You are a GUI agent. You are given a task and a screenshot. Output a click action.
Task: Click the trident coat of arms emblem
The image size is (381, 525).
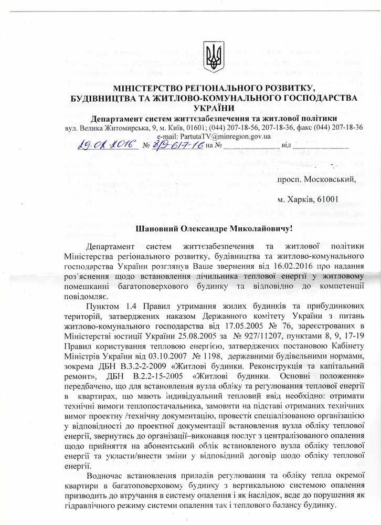213,57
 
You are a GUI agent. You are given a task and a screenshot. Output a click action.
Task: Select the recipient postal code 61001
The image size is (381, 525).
325,199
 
